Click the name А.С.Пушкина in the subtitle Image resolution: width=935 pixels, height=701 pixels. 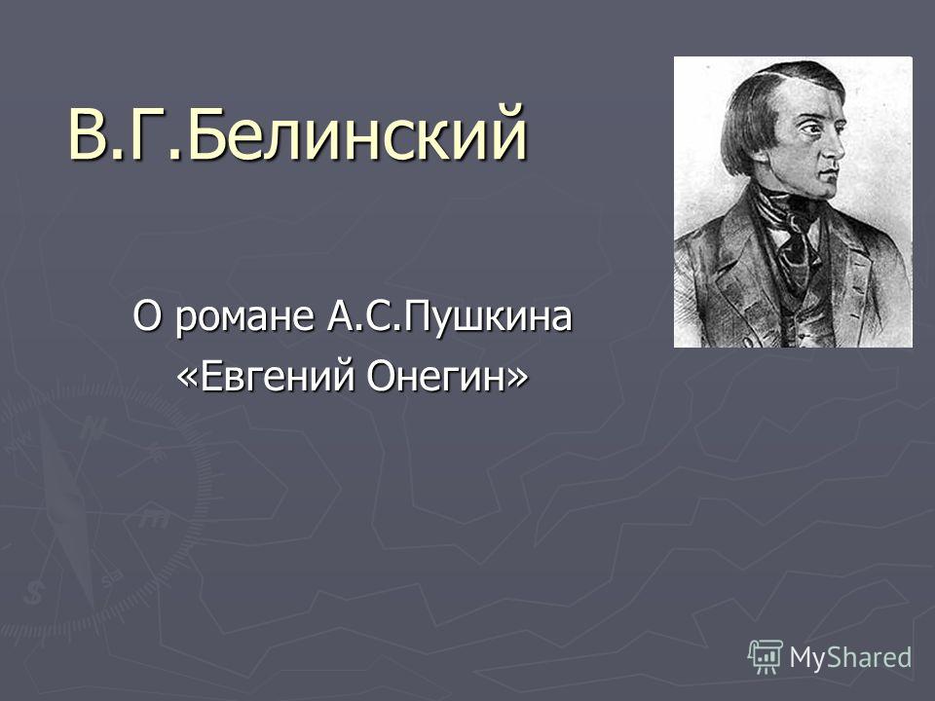(449, 316)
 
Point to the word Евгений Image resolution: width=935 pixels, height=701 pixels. (279, 377)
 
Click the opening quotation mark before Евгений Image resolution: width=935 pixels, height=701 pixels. (187, 379)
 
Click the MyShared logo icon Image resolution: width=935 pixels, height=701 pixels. (766, 656)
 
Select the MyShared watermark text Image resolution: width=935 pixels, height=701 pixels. (850, 657)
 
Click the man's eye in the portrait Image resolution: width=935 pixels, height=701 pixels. (812, 128)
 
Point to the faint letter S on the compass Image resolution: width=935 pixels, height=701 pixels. (35, 594)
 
